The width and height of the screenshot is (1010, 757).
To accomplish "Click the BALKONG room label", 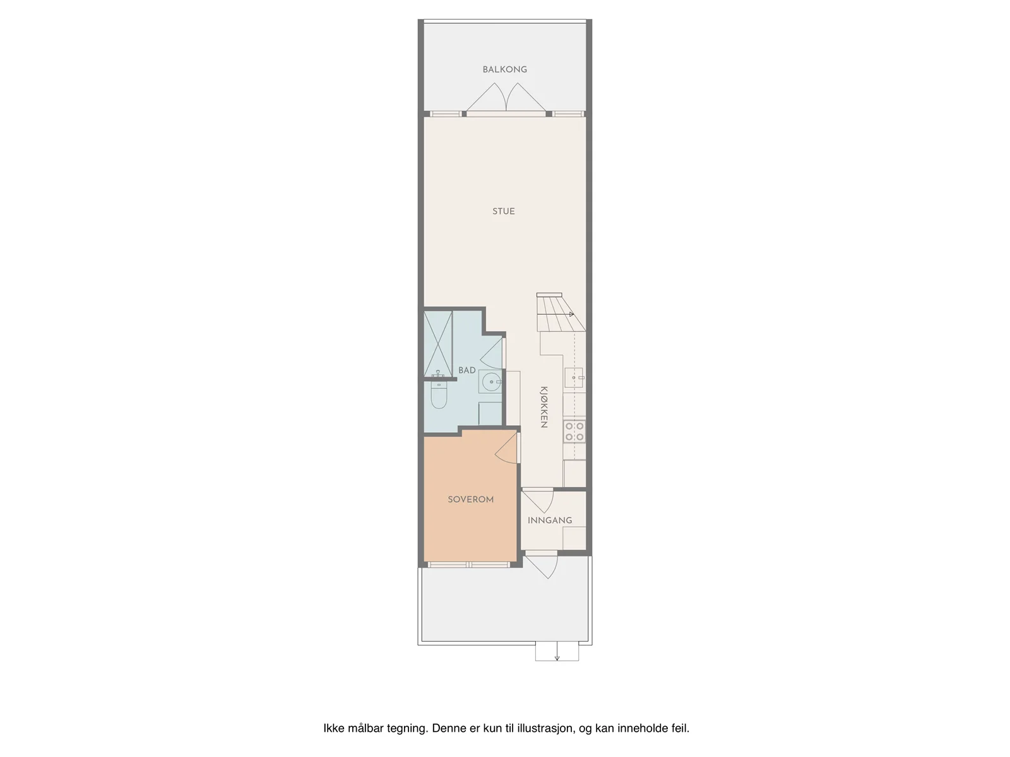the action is pyautogui.click(x=504, y=69).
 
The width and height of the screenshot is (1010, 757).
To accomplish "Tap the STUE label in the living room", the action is pyautogui.click(x=503, y=211).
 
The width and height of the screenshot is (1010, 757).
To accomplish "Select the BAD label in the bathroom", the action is pyautogui.click(x=466, y=370).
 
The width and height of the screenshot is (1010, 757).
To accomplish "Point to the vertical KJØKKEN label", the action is pyautogui.click(x=544, y=408).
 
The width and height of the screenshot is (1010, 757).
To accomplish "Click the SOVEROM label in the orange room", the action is pyautogui.click(x=470, y=499).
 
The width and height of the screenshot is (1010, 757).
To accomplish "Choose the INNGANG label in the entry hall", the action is pyautogui.click(x=550, y=520).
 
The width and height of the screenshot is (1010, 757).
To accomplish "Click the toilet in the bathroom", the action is pyautogui.click(x=439, y=396).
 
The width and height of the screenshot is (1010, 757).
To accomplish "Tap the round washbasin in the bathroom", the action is pyautogui.click(x=491, y=382).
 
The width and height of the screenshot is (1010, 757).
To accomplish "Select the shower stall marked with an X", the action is pyautogui.click(x=438, y=343).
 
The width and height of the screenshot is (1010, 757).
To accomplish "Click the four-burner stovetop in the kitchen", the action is pyautogui.click(x=574, y=431).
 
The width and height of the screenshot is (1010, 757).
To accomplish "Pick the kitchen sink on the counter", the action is pyautogui.click(x=574, y=377).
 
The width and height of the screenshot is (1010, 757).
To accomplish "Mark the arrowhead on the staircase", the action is pyautogui.click(x=571, y=314).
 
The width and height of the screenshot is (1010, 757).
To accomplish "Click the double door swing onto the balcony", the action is pyautogui.click(x=506, y=97).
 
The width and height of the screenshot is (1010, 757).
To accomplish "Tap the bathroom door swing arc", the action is pyautogui.click(x=491, y=353).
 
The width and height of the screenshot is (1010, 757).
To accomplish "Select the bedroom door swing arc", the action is pyautogui.click(x=506, y=447).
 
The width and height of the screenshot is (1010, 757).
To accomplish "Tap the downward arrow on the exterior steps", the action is pyautogui.click(x=557, y=651).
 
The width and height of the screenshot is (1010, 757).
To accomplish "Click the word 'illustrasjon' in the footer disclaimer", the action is pyautogui.click(x=547, y=728).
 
